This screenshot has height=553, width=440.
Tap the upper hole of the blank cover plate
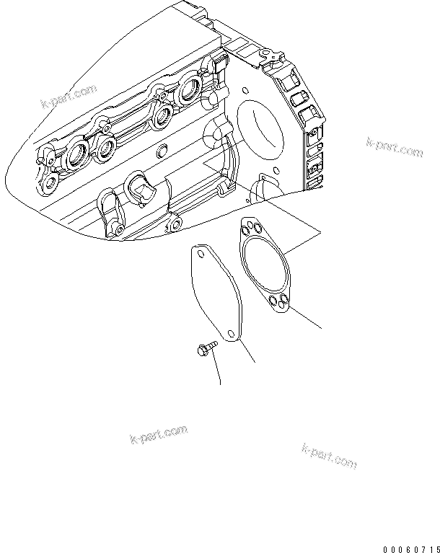tap(197, 254)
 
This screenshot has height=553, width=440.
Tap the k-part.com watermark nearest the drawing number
tap(329, 456)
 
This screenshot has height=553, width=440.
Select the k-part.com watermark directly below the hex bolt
tap(158, 435)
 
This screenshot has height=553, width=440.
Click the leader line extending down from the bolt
tap(216, 371)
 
